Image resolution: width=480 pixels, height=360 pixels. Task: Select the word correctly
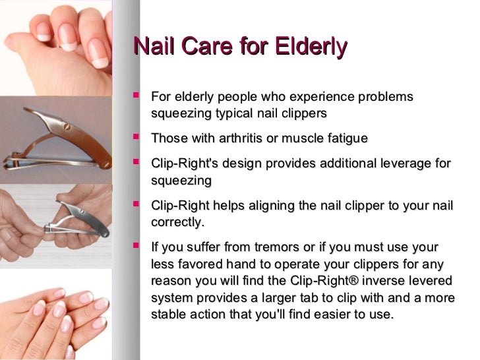(x=177, y=222)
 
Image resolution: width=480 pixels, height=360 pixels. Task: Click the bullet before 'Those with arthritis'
(x=136, y=137)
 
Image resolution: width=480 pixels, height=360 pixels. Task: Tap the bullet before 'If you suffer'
(x=136, y=247)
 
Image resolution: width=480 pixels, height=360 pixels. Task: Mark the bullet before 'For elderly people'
(x=136, y=96)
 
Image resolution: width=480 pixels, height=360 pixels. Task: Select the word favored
(x=198, y=264)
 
